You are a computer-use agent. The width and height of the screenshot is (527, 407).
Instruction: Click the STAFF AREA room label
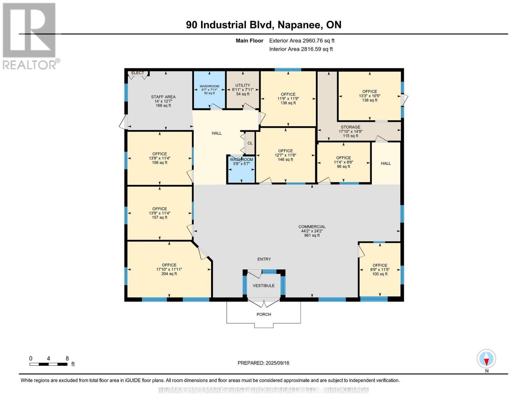[x=163, y=97]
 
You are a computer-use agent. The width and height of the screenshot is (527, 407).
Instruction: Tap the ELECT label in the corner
[x=137, y=73]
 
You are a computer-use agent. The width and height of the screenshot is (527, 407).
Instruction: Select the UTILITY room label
[x=243, y=85]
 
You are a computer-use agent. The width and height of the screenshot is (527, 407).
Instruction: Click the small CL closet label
[x=250, y=143]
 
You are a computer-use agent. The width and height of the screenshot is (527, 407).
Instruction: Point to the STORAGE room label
[x=351, y=127]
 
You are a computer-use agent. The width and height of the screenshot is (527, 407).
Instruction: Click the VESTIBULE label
[x=264, y=286]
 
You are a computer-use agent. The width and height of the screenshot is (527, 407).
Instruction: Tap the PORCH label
[x=264, y=314]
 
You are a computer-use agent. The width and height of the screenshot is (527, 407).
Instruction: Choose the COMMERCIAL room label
[x=312, y=227]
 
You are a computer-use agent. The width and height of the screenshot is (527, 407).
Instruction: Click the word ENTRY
[x=264, y=259]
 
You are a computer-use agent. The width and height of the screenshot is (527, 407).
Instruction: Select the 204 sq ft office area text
[x=169, y=274]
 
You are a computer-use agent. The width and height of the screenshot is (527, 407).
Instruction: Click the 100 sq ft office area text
[x=380, y=274]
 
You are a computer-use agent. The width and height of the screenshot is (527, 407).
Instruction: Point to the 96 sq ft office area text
[x=343, y=167]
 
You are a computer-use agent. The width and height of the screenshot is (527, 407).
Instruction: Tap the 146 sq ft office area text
[x=285, y=159]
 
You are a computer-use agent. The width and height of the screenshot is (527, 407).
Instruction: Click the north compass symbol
[x=486, y=359]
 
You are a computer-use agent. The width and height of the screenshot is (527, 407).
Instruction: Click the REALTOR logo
[x=30, y=36]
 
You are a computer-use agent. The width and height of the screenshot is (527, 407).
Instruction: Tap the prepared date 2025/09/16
[x=263, y=363]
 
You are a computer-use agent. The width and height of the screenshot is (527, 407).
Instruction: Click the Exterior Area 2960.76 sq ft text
[x=302, y=41]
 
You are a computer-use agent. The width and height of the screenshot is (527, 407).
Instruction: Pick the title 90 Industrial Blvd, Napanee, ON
[x=264, y=25]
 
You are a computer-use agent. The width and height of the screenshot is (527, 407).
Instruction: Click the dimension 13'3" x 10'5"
[x=370, y=96]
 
